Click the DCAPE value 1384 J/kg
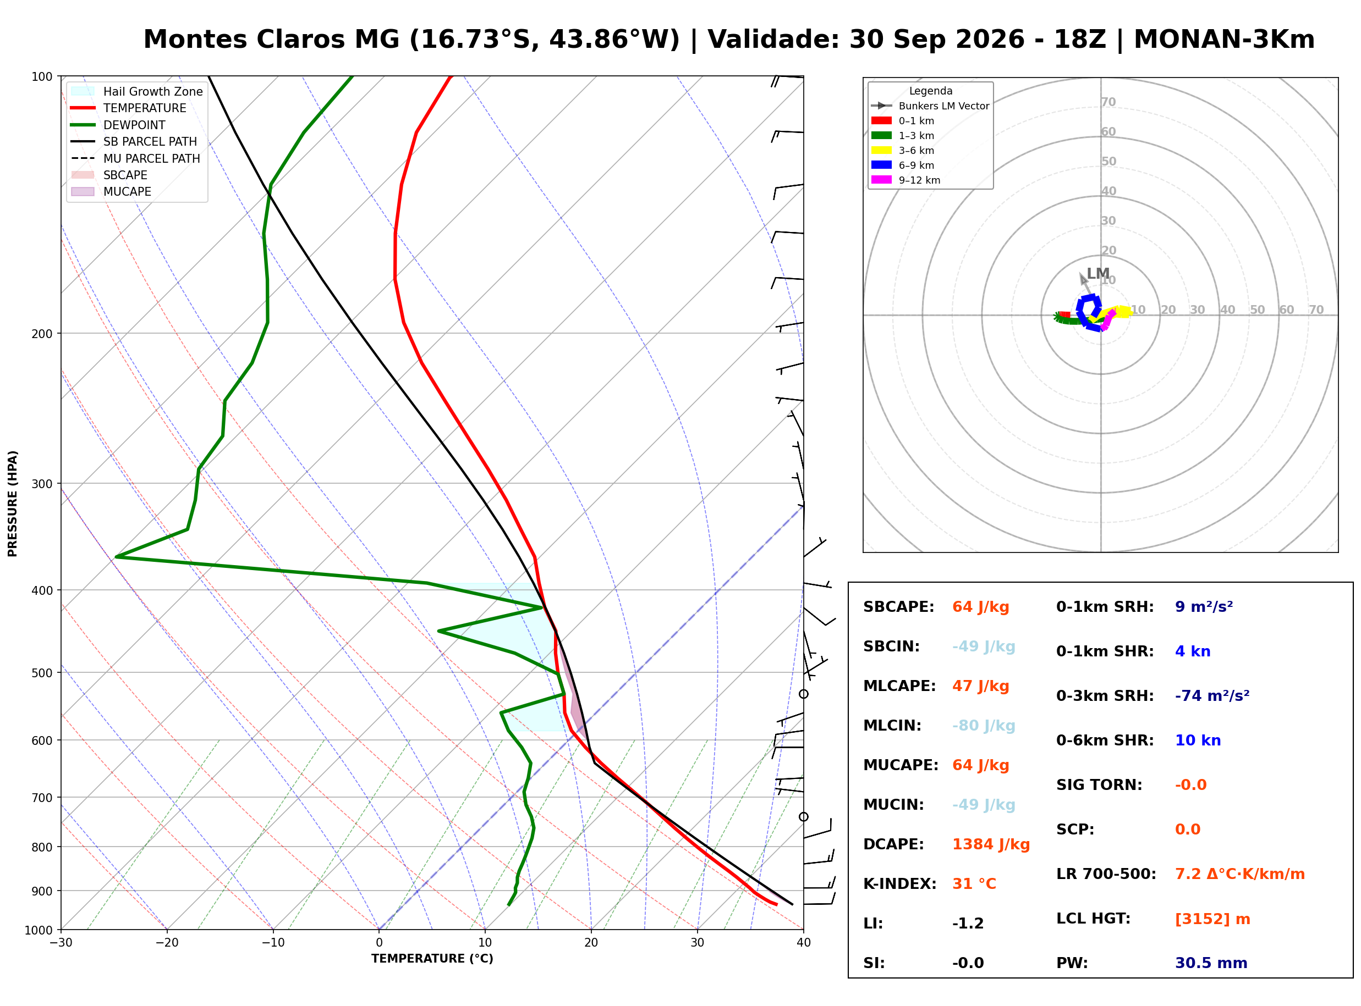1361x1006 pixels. tap(991, 844)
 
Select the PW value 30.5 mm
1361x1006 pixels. tap(1211, 963)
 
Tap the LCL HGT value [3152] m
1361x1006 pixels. tap(1212, 920)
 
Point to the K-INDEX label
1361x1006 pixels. tap(900, 884)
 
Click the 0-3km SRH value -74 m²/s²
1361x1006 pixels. tap(1212, 696)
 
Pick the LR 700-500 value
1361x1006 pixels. tap(1240, 875)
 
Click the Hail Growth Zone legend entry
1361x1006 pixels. tap(137, 91)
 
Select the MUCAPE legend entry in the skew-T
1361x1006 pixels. tap(112, 192)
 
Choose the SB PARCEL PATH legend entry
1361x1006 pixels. tap(135, 141)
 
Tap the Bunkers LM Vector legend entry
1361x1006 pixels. tap(930, 106)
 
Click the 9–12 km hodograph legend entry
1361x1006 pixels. tap(906, 180)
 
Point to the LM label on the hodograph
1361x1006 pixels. tap(1098, 274)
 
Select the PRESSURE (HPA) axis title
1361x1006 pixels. tap(13, 504)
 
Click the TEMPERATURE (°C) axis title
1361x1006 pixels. tap(432, 959)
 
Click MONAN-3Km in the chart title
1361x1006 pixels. tap(1224, 40)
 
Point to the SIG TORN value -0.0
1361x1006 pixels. tap(1191, 785)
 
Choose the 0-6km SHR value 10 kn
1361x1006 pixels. tap(1198, 740)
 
